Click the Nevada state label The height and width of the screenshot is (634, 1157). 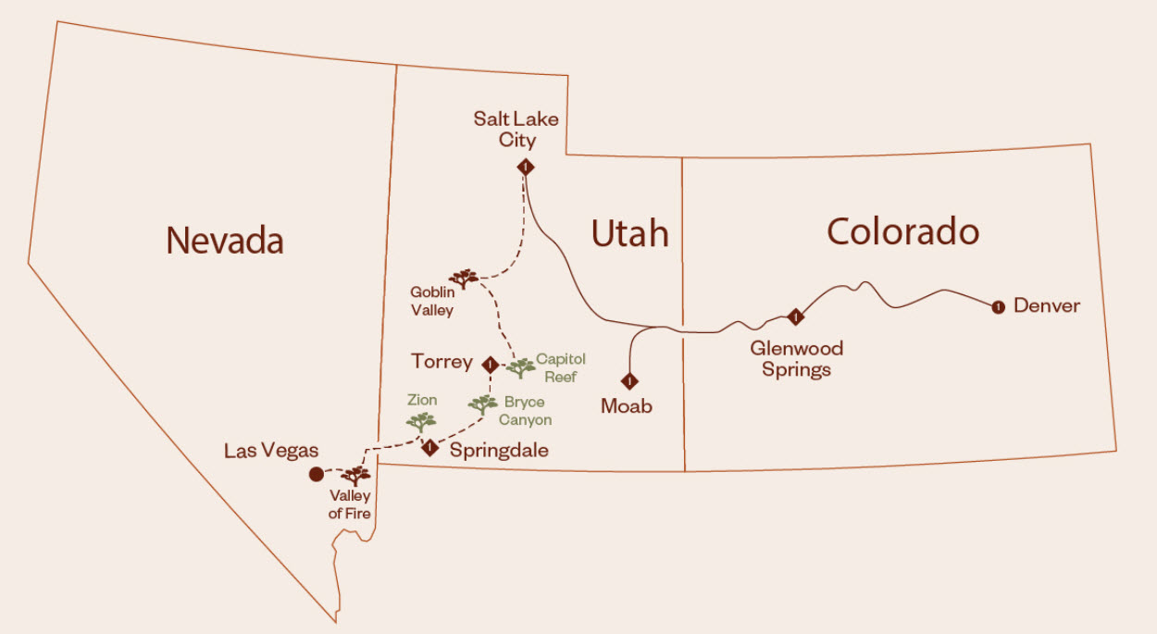point(225,241)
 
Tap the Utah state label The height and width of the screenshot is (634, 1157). point(629,234)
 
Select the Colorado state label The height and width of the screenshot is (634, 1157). point(902,231)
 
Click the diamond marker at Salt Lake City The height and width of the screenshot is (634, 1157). point(526,168)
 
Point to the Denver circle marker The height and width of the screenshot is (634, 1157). point(998,307)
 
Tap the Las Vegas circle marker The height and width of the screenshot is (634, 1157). point(316,474)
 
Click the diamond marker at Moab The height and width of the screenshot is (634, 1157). point(629,379)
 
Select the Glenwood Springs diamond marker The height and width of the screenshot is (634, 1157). point(794,317)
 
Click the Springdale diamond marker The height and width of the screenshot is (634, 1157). point(429,449)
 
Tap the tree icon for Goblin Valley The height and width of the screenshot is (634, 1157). point(463,278)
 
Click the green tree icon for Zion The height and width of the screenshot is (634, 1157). point(421,422)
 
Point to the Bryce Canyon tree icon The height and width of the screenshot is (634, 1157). point(482,404)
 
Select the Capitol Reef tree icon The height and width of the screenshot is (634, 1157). point(520,367)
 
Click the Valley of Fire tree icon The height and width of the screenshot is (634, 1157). point(355,476)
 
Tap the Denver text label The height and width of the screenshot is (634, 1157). point(1047,305)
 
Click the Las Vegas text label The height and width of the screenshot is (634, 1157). point(271,452)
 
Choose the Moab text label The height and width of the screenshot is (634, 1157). point(627,406)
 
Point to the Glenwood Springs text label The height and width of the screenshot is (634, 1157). point(796,359)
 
